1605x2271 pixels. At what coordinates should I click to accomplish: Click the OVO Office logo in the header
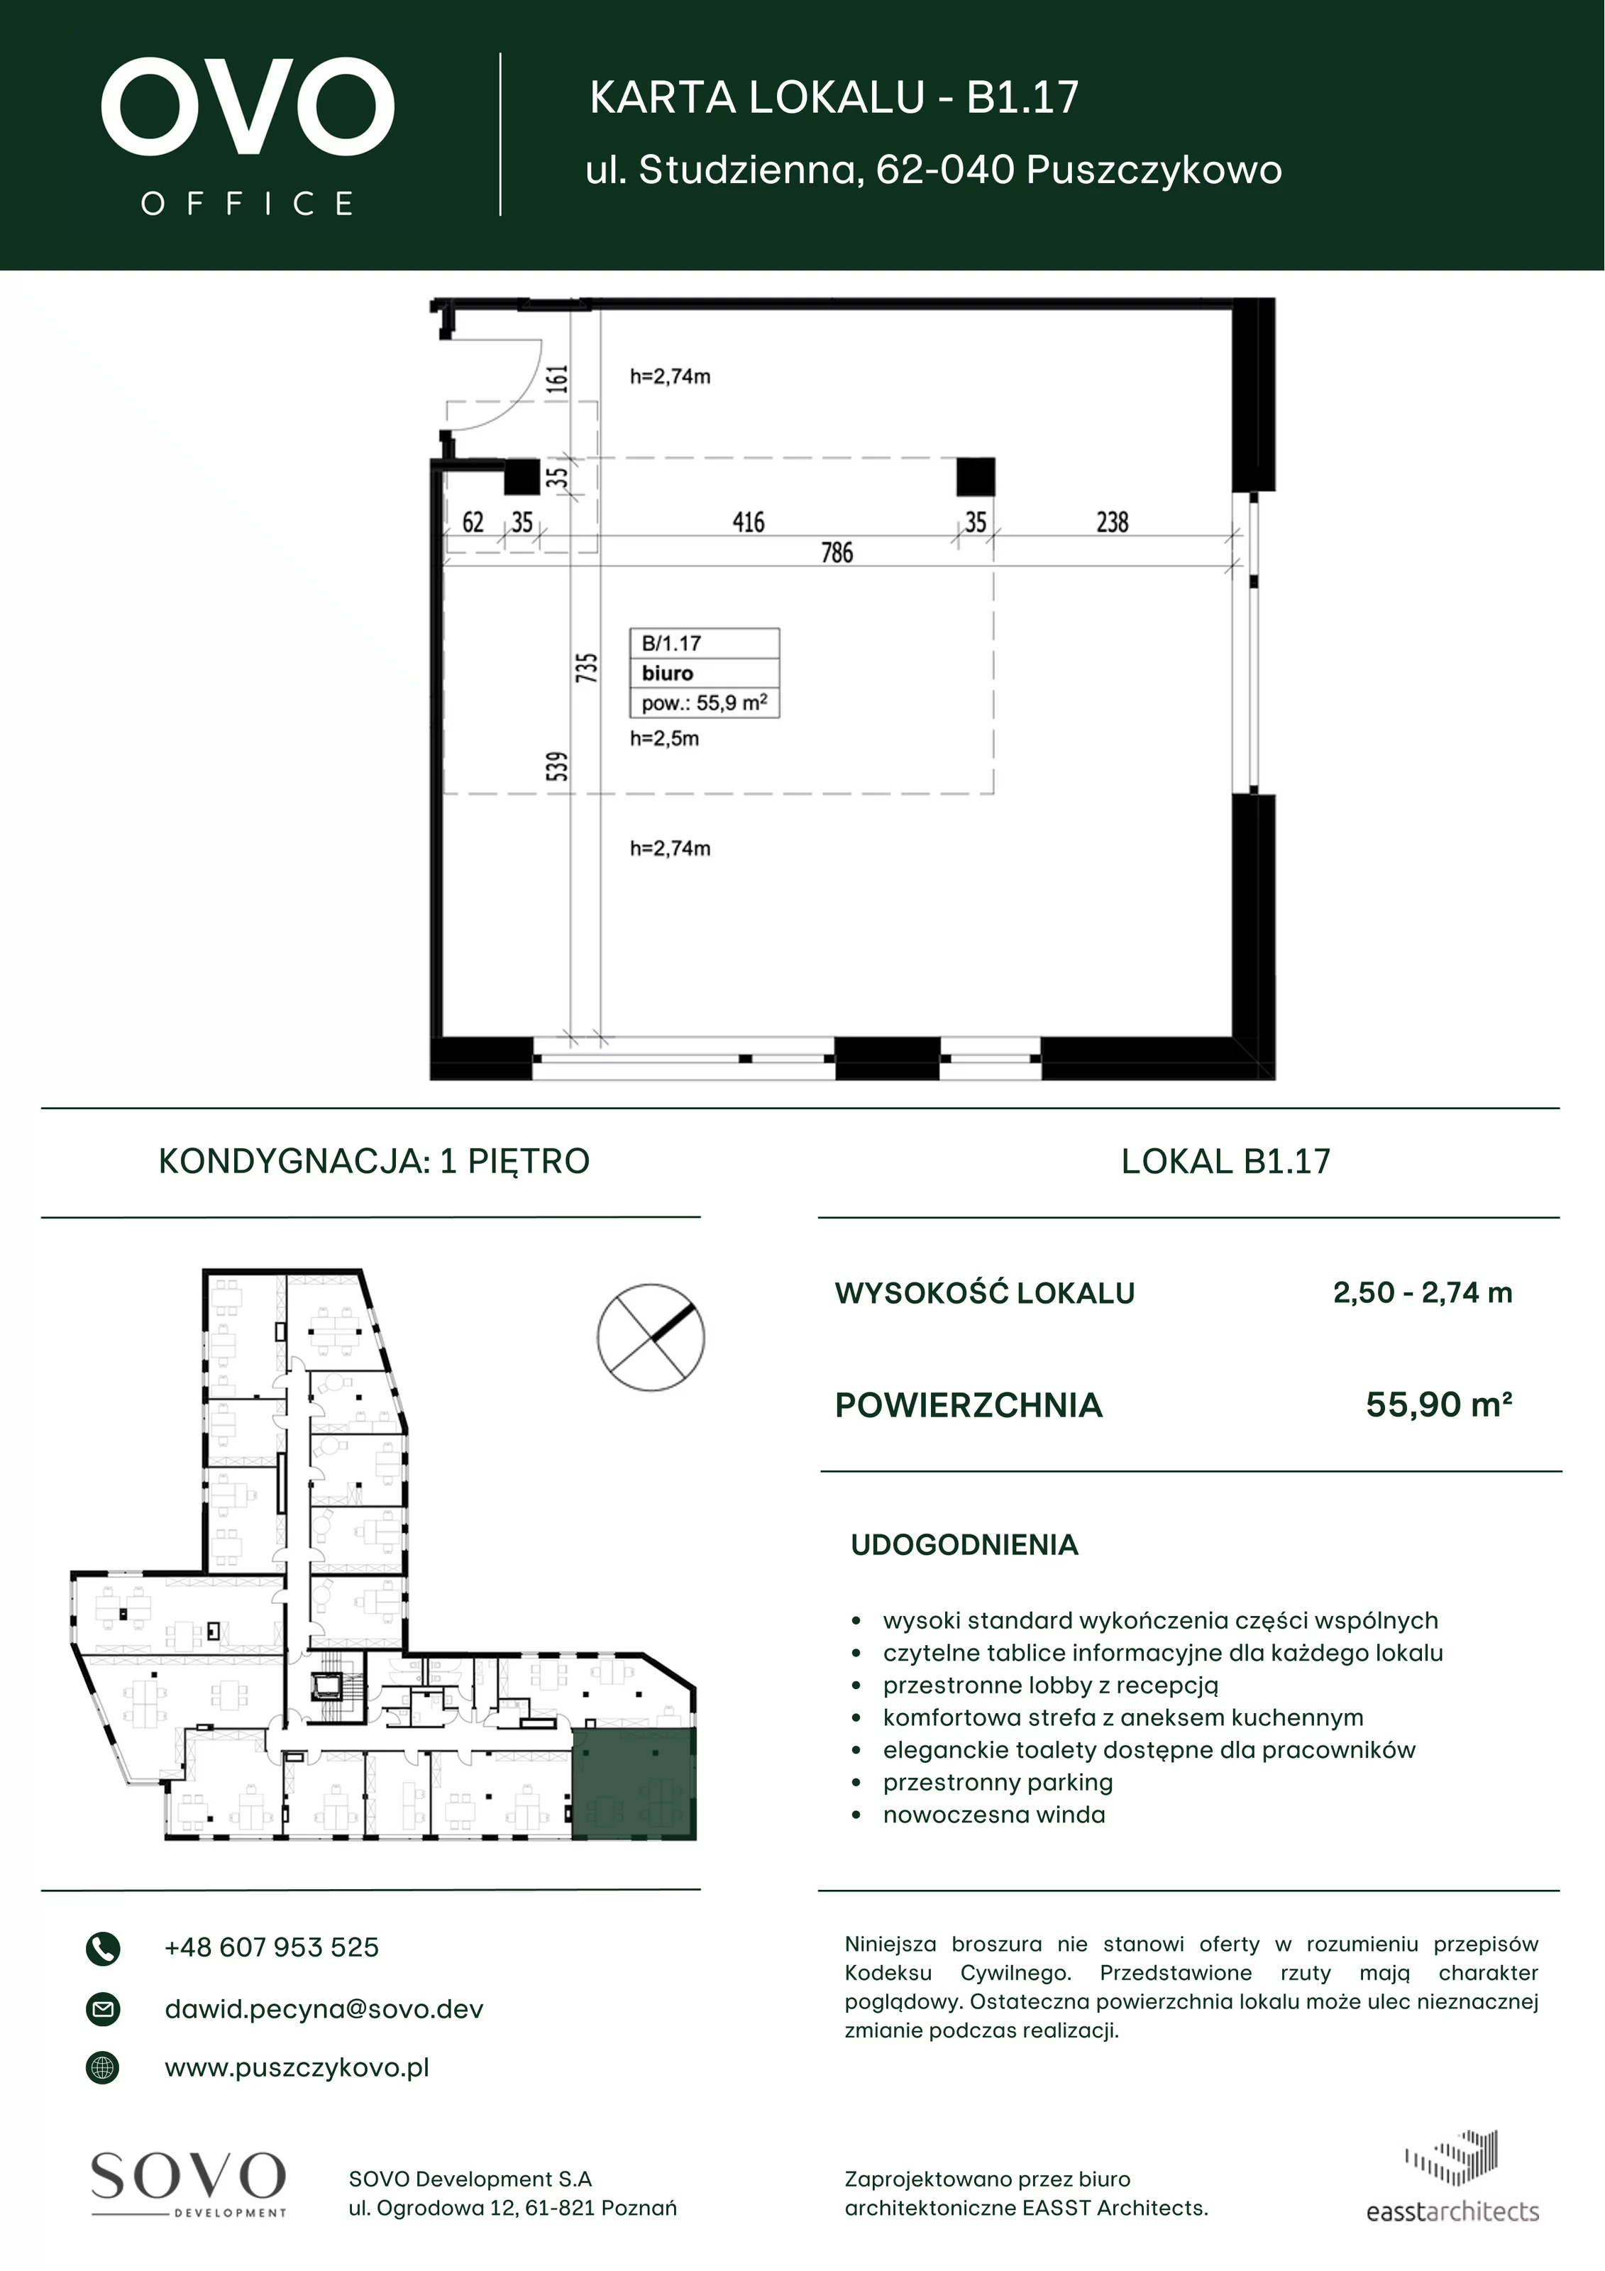click(x=247, y=136)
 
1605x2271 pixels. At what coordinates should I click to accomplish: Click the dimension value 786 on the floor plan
click(x=837, y=552)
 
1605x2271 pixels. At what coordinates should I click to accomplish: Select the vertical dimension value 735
click(x=586, y=668)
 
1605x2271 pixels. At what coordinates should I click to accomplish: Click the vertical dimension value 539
click(x=558, y=766)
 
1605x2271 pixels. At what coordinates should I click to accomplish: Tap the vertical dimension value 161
click(x=558, y=379)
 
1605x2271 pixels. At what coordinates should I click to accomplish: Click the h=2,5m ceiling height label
click(x=665, y=739)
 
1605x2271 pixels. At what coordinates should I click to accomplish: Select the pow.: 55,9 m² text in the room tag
click(x=704, y=703)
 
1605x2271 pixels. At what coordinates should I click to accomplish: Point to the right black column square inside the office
click(x=975, y=477)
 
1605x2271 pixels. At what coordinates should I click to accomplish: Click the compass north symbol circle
click(x=651, y=1337)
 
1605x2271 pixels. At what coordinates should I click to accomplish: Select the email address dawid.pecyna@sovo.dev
click(x=324, y=2009)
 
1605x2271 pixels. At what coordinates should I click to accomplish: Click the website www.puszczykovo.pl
click(x=297, y=2068)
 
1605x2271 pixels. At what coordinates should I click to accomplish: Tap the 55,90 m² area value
click(x=1439, y=1404)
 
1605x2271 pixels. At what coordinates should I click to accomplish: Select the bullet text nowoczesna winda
click(x=994, y=1815)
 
